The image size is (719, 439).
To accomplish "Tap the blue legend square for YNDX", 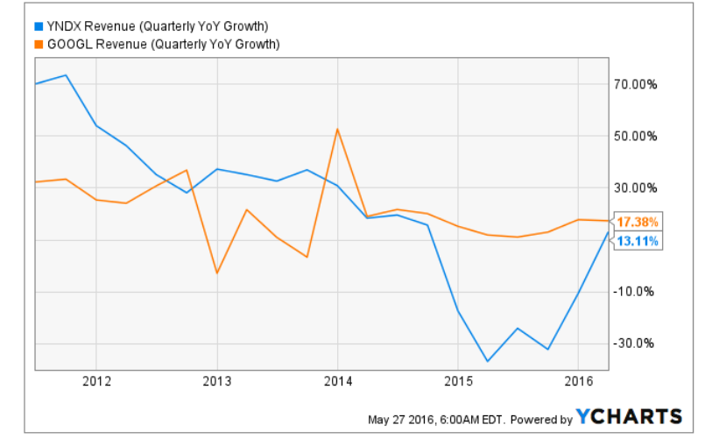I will [38, 25].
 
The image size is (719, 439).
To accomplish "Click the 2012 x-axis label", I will [96, 381].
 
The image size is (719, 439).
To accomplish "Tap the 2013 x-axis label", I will [216, 381].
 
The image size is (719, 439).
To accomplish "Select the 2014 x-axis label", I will [337, 381].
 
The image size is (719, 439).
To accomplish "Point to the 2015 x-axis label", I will [457, 381].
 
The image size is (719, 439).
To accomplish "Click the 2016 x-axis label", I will [578, 381].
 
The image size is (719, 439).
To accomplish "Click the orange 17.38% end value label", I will [637, 221].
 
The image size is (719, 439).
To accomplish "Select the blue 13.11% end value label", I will [637, 241].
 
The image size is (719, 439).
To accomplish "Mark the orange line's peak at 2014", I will [337, 130].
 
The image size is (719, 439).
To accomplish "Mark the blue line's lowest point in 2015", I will [487, 361].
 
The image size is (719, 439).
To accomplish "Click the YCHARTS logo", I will [628, 416].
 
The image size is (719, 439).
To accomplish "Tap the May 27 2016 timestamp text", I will [437, 419].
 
